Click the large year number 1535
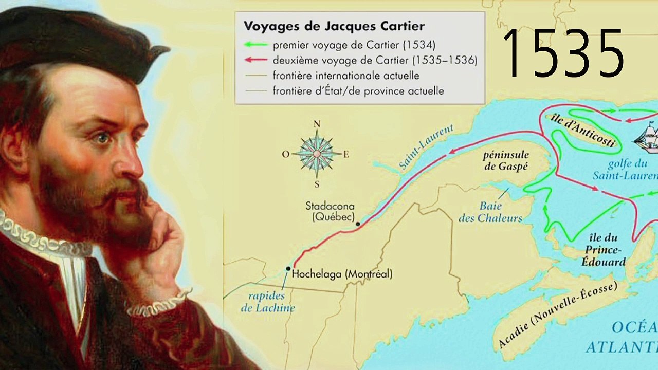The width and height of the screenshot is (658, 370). (563, 53)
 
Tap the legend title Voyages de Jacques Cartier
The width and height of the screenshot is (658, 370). (334, 26)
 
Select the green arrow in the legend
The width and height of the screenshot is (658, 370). (256, 45)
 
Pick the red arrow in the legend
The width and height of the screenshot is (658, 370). (256, 60)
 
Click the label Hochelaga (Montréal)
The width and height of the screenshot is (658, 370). (342, 274)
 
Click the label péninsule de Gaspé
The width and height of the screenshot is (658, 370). (506, 160)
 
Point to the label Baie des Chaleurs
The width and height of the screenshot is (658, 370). (490, 212)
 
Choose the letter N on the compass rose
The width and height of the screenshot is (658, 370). (317, 124)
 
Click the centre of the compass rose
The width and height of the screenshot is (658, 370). (317, 153)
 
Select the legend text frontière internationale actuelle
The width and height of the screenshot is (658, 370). (346, 76)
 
